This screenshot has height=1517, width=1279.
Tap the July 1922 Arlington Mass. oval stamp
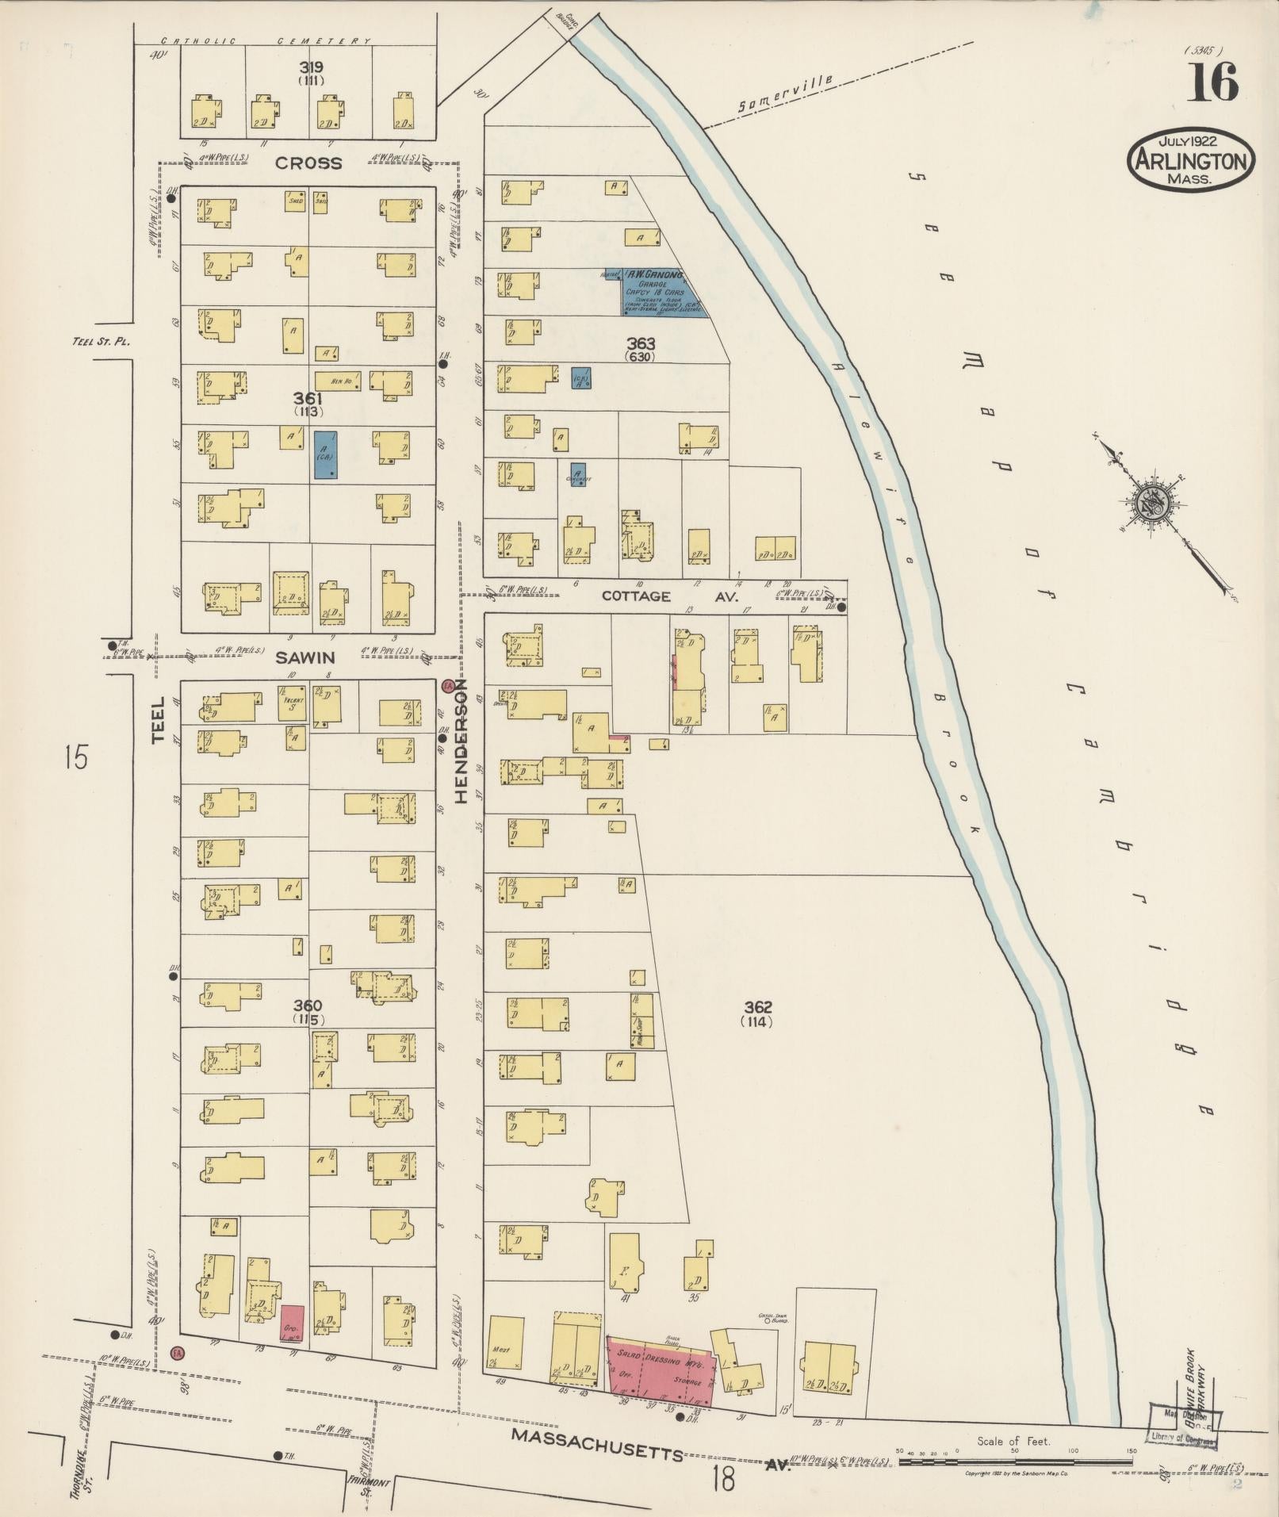click(x=1190, y=160)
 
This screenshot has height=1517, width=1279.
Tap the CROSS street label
click(x=308, y=163)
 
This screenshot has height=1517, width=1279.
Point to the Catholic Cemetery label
click(x=266, y=41)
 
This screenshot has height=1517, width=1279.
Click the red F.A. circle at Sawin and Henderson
click(x=448, y=685)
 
